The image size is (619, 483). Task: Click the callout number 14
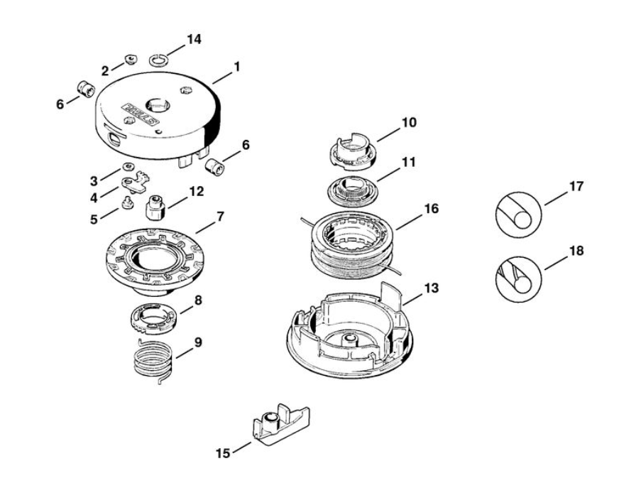194,40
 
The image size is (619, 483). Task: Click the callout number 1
236,67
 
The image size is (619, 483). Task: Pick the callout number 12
196,191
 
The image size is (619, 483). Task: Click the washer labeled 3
128,166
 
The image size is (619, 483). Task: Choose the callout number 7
221,215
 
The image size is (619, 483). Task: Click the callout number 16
431,210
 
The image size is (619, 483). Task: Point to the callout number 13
431,289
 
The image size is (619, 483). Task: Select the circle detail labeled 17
517,212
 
